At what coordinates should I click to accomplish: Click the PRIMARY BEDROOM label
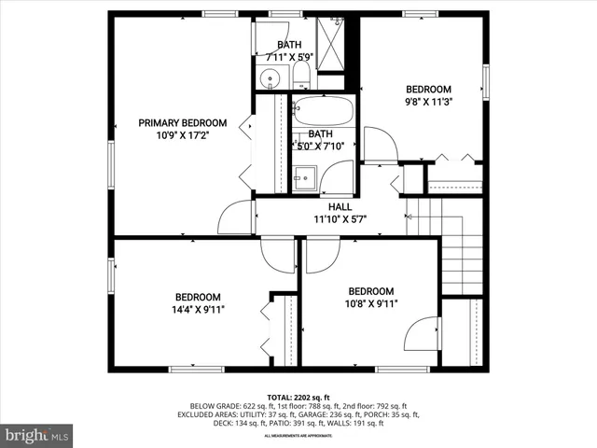click(x=182, y=122)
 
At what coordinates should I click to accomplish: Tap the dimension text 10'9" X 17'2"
click(x=182, y=135)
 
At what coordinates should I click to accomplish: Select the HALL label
click(x=340, y=207)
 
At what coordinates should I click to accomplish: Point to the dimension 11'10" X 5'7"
click(x=340, y=220)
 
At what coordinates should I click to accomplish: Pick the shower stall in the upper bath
click(x=332, y=43)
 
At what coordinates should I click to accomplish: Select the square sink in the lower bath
click(x=303, y=176)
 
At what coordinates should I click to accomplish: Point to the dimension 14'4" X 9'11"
click(x=197, y=309)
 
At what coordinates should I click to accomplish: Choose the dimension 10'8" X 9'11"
click(x=370, y=303)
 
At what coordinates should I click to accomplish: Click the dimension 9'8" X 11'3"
click(x=428, y=103)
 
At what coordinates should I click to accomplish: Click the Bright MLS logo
click(x=37, y=435)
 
